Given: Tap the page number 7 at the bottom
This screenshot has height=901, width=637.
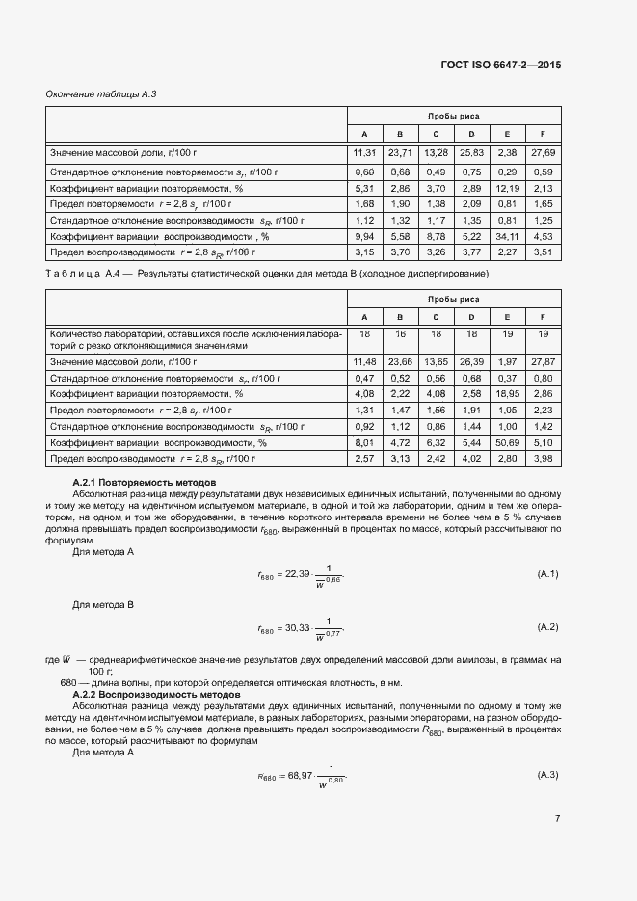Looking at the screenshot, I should [x=557, y=819].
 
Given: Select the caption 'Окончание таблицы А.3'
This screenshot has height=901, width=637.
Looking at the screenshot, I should [x=100, y=93].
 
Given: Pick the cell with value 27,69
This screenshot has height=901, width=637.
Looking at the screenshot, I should [x=544, y=153].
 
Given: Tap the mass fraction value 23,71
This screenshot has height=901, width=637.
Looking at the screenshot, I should [x=400, y=153].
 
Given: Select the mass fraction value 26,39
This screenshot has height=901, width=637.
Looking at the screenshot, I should [x=471, y=361].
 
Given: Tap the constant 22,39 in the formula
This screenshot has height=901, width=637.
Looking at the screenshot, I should [x=298, y=574].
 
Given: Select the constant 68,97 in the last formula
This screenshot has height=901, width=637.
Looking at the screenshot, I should [x=298, y=776].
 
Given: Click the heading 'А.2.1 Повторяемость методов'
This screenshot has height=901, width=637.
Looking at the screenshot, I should [x=145, y=481].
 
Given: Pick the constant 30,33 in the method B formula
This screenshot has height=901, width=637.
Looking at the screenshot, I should [x=298, y=627].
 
